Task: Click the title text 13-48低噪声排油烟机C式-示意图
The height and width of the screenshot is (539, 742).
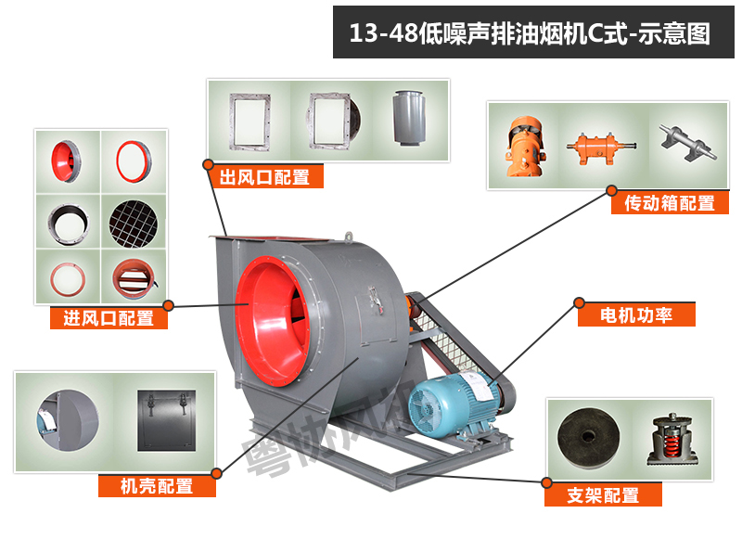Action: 530,34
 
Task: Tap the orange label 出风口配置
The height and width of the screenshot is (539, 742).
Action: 264,177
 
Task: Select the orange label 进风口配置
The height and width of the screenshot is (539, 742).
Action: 109,318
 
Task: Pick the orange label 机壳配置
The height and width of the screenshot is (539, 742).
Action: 157,485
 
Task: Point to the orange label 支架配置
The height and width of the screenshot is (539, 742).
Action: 603,495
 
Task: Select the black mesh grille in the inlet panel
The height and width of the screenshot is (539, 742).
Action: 134,219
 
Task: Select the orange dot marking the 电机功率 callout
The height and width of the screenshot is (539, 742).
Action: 579,302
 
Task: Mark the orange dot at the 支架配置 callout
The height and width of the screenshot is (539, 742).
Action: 547,482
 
